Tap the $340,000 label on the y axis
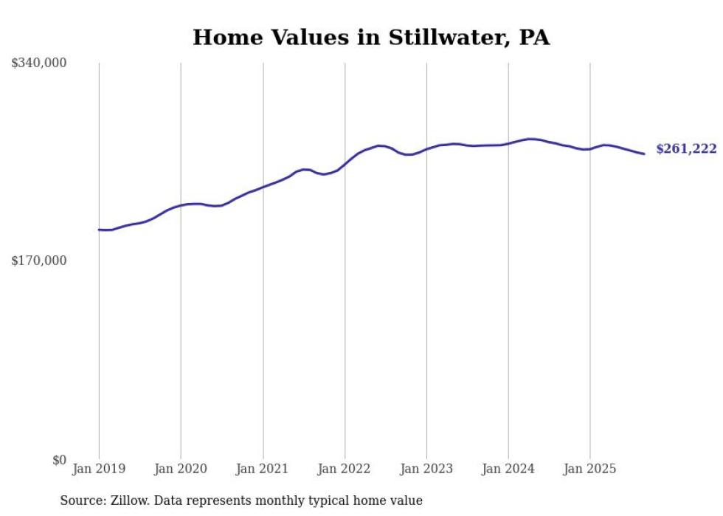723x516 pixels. [x=39, y=63]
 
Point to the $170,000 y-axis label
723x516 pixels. [x=39, y=261]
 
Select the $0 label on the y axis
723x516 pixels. [x=59, y=461]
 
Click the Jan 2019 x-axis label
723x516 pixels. [x=99, y=469]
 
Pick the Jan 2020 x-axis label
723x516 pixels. [x=181, y=469]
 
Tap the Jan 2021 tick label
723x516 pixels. [x=263, y=469]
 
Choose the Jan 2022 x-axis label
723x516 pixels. [x=345, y=469]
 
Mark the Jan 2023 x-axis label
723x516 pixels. [x=426, y=469]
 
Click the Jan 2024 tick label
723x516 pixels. [x=508, y=469]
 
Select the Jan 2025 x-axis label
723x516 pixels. [x=589, y=469]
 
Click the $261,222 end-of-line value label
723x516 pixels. [x=686, y=149]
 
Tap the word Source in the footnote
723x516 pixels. [x=81, y=500]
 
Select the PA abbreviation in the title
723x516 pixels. [x=534, y=38]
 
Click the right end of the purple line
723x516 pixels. [x=644, y=154]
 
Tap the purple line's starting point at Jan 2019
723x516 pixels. [x=99, y=230]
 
